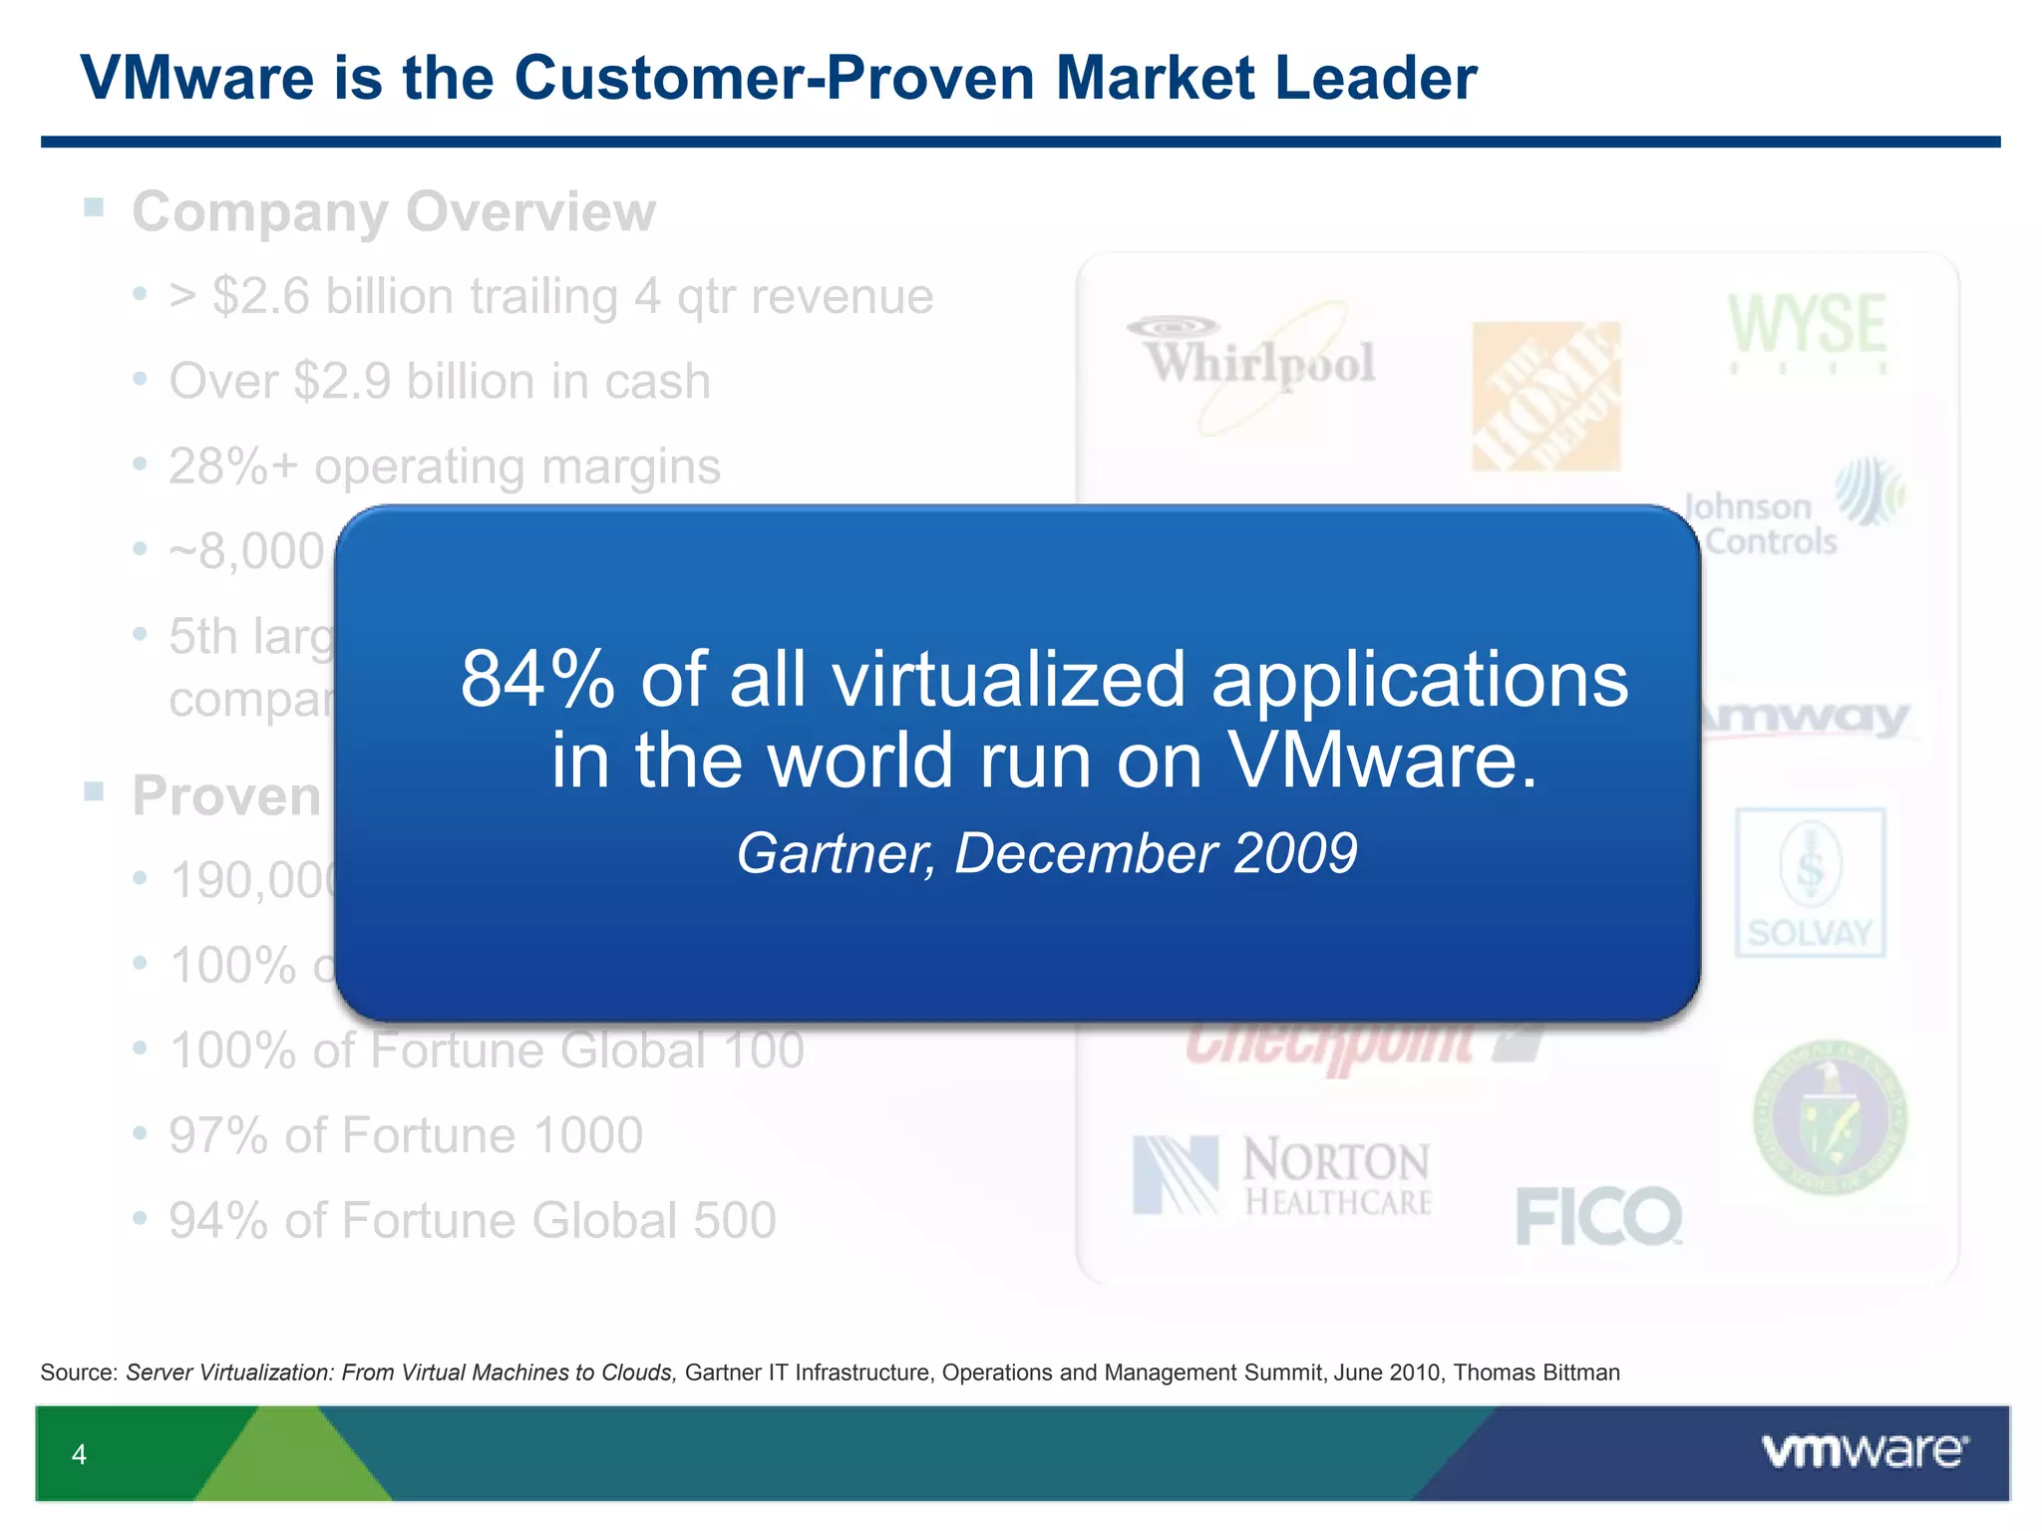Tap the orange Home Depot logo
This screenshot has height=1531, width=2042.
point(1545,396)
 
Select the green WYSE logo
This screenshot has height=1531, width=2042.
point(1807,329)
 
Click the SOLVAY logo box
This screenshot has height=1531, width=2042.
point(1810,882)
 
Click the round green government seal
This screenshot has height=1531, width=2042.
point(1830,1116)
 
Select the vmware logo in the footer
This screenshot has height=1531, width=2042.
point(1865,1451)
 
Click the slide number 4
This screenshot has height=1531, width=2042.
point(80,1455)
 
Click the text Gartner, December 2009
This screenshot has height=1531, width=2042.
point(1047,853)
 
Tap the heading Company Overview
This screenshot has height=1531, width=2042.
point(394,211)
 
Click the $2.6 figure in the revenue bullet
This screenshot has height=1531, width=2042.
point(262,296)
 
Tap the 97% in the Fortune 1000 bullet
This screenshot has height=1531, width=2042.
point(217,1135)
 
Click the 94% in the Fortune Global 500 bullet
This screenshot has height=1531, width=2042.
point(217,1220)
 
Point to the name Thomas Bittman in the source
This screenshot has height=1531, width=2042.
point(1536,1373)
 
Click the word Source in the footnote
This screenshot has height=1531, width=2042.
point(79,1373)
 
